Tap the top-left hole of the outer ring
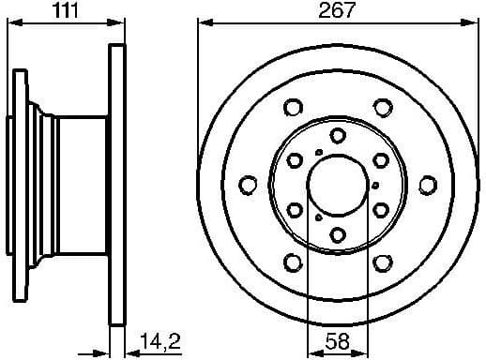coord(294,106)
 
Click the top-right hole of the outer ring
coord(383,106)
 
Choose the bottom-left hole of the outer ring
coord(294,262)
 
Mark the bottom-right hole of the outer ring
coord(383,262)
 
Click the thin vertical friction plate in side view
coord(117,184)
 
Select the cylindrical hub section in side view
coord(80,184)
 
